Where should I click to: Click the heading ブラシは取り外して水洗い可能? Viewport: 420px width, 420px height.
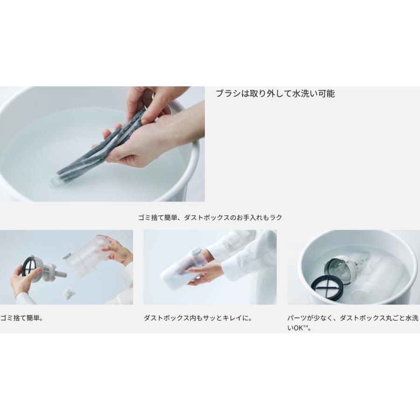coord(275,93)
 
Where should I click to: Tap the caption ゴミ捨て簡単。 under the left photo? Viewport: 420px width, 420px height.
coord(22,318)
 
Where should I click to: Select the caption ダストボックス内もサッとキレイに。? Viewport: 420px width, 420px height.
coord(198,318)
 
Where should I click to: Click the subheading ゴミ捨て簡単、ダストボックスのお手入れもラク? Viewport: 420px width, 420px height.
coord(210,217)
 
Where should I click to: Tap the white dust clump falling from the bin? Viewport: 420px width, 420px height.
coord(69,294)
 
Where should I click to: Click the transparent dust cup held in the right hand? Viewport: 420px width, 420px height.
coord(88,258)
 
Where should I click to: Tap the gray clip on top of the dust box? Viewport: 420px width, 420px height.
coord(197,251)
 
